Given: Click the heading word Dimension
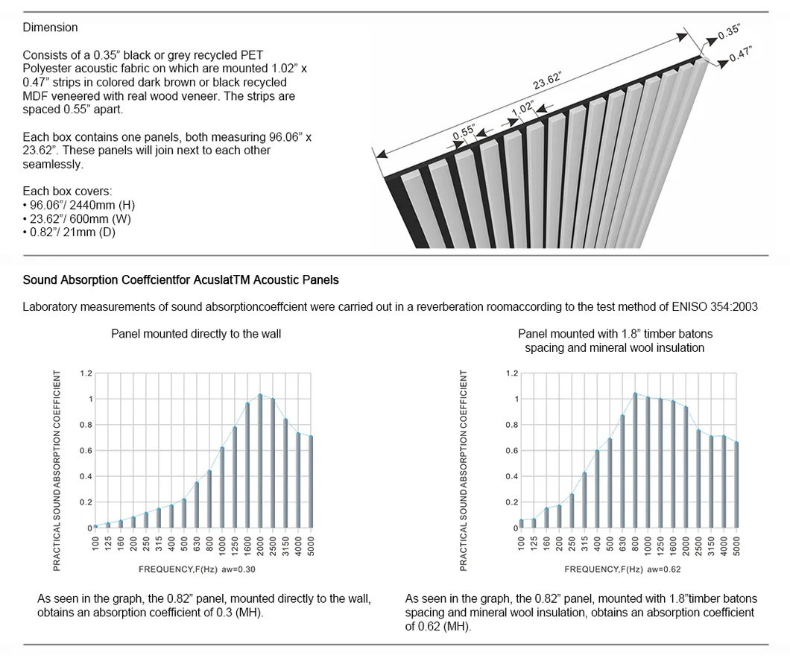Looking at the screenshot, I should click(x=50, y=28).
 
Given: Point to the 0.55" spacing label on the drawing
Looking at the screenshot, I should click(x=464, y=132).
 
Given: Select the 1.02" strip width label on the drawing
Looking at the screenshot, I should click(x=522, y=109).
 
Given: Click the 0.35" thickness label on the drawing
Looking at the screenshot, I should click(x=728, y=31).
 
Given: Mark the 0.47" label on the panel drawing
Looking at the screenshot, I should click(x=740, y=54).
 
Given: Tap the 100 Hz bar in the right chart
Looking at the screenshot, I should click(x=522, y=523).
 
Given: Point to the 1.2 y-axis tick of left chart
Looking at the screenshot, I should click(x=86, y=373).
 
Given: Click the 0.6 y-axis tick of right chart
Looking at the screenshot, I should click(x=513, y=451).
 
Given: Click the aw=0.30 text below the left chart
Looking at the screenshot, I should click(x=240, y=569).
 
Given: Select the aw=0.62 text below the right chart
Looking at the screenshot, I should click(x=666, y=569).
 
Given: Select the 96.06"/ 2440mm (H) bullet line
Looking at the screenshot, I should click(x=80, y=205).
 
